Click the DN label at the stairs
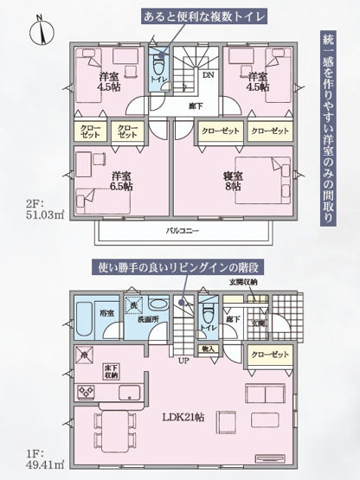click(x=209, y=76)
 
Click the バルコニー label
click(x=180, y=232)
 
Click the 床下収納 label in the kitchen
click(x=112, y=373)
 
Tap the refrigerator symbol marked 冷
click(x=84, y=355)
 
